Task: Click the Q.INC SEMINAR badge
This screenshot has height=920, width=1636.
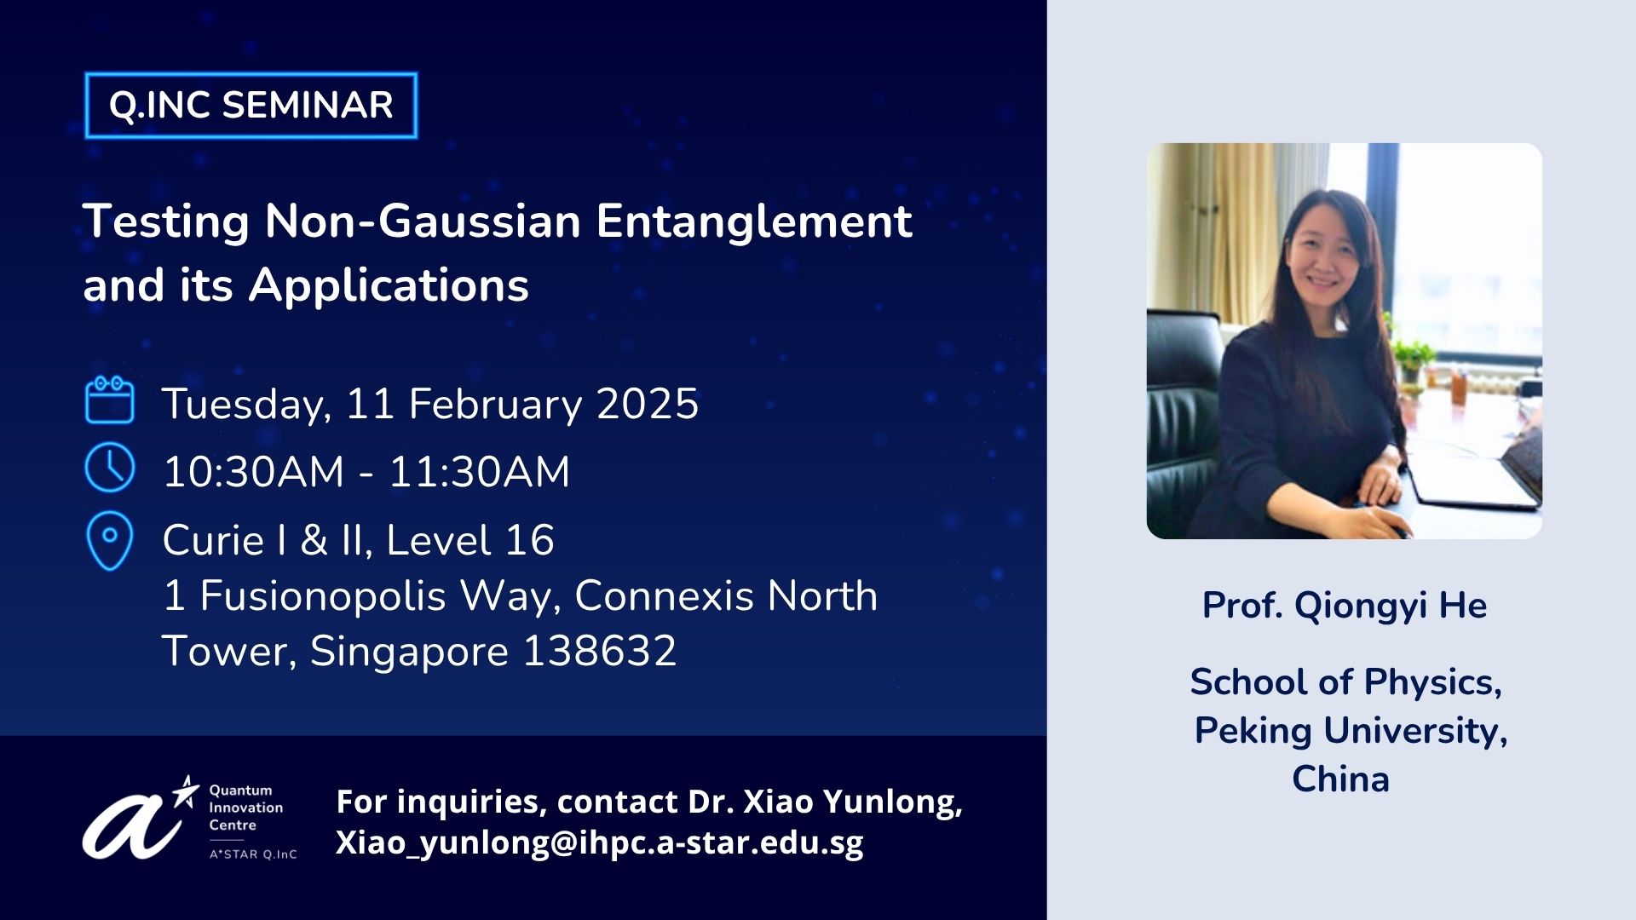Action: click(x=251, y=106)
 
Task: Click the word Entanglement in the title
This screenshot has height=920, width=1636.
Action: click(x=754, y=221)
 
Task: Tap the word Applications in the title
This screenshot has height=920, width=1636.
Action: click(x=389, y=285)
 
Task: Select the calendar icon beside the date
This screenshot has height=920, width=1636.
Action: click(x=110, y=400)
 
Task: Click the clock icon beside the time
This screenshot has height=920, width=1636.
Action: click(x=110, y=467)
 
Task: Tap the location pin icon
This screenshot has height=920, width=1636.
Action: click(x=110, y=540)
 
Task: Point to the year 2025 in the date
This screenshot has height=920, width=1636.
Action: click(x=648, y=404)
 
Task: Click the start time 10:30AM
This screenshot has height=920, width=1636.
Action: click(x=254, y=472)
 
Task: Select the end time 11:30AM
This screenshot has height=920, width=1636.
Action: click(x=480, y=472)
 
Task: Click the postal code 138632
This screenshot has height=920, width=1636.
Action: click(x=600, y=652)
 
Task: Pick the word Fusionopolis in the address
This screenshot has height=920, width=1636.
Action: click(x=322, y=596)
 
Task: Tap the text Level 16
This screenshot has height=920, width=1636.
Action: click(x=470, y=540)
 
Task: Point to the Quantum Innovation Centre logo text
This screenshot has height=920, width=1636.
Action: click(x=246, y=808)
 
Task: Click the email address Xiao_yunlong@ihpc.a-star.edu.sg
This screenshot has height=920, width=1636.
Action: click(x=600, y=842)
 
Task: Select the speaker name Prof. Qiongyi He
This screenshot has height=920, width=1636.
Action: click(x=1345, y=606)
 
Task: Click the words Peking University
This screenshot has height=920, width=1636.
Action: click(x=1351, y=731)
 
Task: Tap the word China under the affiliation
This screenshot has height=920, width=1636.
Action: click(x=1341, y=779)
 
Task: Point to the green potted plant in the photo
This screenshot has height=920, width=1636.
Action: click(x=1414, y=354)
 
